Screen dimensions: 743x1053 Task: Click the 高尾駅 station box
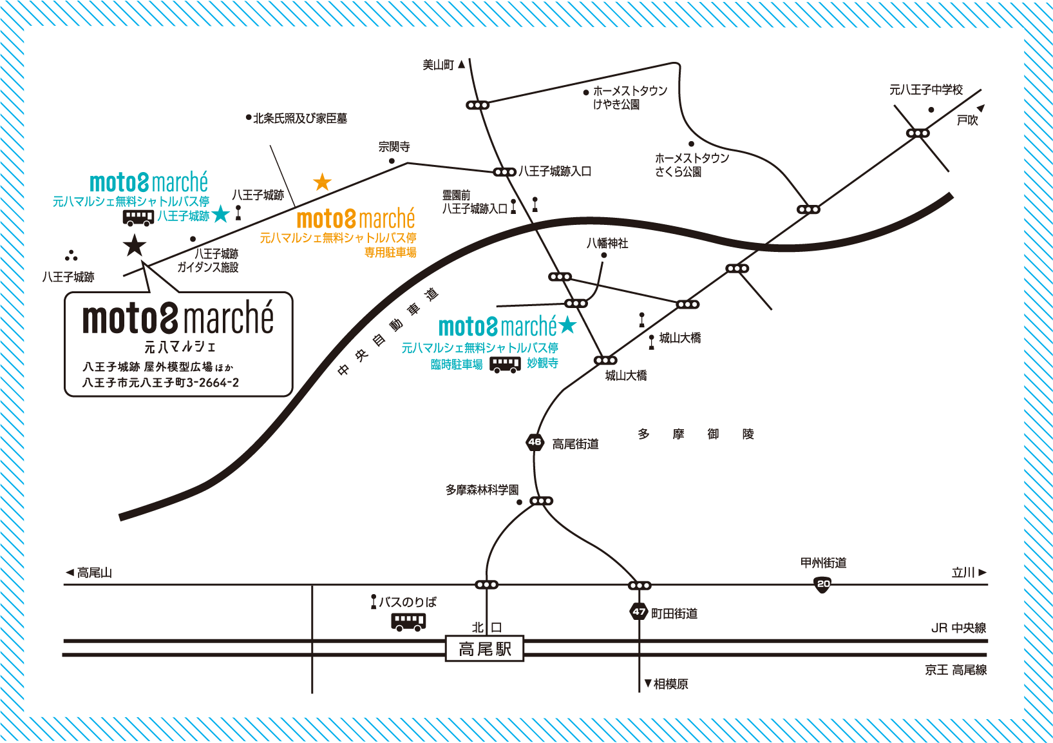(484, 649)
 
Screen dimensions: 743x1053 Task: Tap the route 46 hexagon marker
(535, 442)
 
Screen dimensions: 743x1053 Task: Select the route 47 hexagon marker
(638, 612)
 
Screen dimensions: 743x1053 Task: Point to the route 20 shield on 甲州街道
(823, 584)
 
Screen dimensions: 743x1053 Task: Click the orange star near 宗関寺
(322, 182)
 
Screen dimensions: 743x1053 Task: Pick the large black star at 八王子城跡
(135, 246)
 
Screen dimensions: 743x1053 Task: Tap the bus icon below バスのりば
(408, 621)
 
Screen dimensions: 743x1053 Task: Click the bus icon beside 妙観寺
(505, 365)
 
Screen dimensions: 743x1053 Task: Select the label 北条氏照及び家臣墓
(299, 118)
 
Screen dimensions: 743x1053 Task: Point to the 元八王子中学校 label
(925, 90)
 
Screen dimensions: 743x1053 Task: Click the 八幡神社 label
(607, 243)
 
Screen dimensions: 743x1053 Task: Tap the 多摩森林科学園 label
(482, 490)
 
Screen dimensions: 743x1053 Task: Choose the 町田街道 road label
(674, 613)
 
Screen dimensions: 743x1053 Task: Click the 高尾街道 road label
(575, 444)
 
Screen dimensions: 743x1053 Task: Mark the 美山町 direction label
(439, 64)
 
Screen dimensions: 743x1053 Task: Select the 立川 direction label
(963, 572)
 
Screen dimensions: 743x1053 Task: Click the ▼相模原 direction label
(667, 684)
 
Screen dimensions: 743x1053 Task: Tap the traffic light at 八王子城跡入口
(504, 172)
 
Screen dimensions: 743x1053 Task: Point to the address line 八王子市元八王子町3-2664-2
(160, 383)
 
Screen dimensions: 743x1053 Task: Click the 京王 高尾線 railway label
(956, 670)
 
